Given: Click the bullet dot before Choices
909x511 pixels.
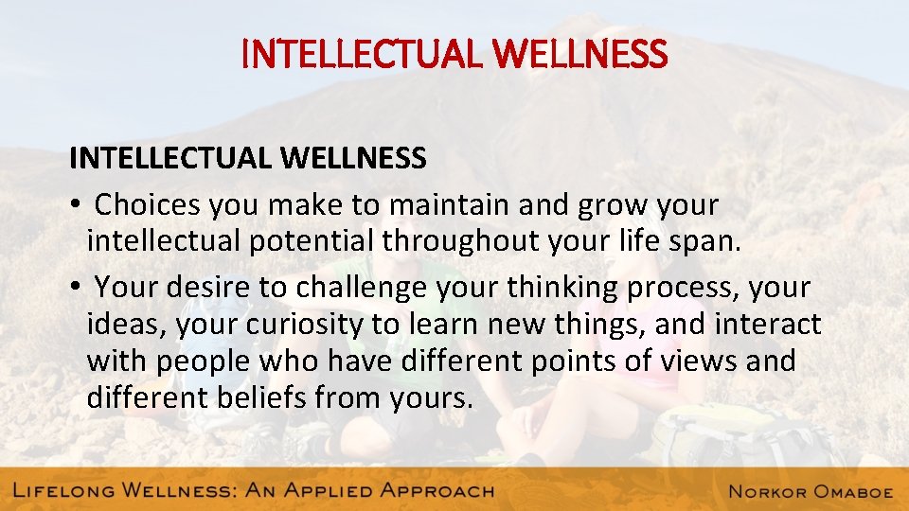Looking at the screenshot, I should (75, 205).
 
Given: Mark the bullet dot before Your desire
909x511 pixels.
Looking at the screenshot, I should (75, 286).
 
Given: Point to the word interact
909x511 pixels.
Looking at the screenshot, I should (768, 325).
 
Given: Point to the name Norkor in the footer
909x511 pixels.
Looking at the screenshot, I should (768, 490).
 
